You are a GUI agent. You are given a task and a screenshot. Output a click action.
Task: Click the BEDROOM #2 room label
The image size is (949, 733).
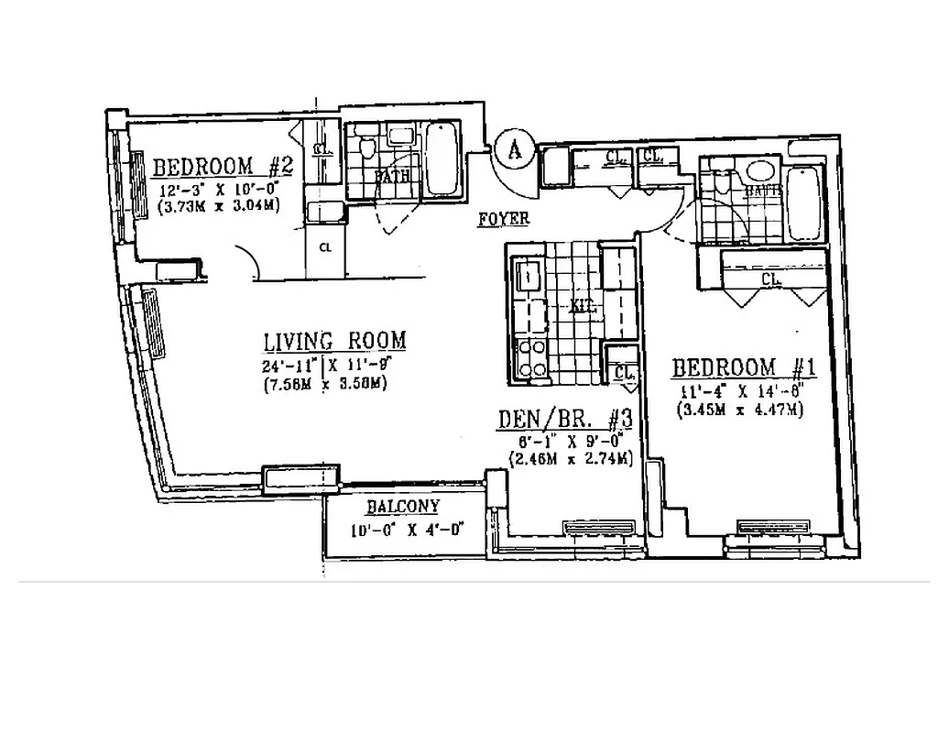[x=222, y=168]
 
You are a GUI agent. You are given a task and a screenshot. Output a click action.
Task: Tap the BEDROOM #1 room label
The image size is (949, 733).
[x=744, y=368]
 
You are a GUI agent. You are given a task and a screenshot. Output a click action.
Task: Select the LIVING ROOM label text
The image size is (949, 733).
[x=334, y=342]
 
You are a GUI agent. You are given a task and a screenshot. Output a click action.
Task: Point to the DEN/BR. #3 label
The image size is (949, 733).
[x=565, y=419]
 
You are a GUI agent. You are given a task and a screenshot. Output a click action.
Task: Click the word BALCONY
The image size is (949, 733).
[x=403, y=507]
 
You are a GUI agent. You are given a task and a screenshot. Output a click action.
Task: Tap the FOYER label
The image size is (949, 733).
[x=504, y=219]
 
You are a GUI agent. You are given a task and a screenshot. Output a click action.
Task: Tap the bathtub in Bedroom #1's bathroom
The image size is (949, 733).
[x=805, y=202]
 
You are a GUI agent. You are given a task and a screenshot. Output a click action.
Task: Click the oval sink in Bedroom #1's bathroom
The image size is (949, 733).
[x=759, y=171]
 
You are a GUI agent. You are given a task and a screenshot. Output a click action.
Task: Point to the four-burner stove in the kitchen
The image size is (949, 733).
[x=531, y=359]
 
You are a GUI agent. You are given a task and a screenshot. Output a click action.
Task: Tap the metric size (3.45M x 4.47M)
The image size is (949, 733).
[x=740, y=410]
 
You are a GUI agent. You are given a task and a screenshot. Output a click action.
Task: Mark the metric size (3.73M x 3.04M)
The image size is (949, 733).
[x=218, y=207]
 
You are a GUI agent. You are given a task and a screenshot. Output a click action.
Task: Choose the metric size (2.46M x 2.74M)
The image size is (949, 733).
[x=565, y=458]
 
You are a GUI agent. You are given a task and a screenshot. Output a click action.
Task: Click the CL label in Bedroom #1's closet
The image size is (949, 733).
[x=769, y=278]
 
